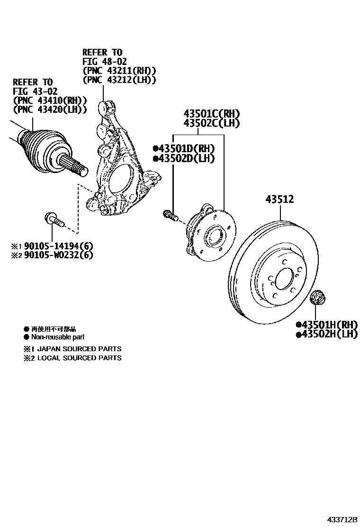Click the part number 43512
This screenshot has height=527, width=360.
(x=279, y=200)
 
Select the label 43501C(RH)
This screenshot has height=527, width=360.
(x=212, y=114)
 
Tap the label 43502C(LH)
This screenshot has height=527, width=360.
(x=212, y=123)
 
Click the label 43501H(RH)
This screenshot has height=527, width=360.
(x=326, y=325)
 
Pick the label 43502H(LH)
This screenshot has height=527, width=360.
(x=326, y=334)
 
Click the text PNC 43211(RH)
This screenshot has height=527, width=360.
(x=119, y=71)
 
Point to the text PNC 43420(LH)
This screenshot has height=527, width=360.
(x=50, y=110)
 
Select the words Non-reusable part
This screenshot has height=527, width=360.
(x=57, y=337)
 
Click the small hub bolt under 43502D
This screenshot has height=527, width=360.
(x=170, y=215)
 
